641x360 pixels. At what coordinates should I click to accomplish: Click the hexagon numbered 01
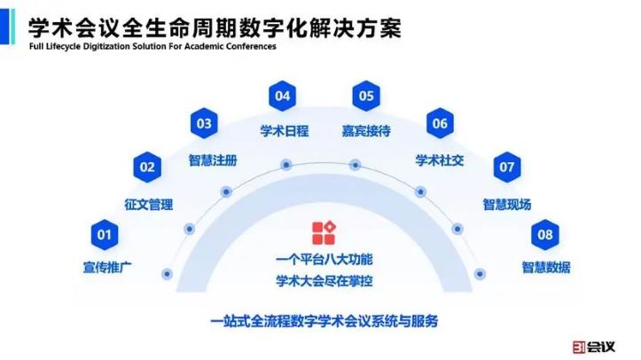(104, 235)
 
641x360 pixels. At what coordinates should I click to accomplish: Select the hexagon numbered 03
(204, 123)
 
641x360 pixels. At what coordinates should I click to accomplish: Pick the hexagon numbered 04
(283, 95)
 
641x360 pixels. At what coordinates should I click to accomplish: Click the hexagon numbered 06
(440, 123)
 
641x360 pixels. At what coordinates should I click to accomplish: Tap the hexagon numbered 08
(545, 235)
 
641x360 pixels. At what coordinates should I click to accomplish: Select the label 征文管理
(148, 204)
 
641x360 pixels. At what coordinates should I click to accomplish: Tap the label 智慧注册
(212, 160)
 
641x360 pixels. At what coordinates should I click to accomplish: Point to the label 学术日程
(284, 131)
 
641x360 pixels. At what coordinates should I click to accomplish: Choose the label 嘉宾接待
(366, 131)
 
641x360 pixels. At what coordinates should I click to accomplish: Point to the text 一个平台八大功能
(324, 261)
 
